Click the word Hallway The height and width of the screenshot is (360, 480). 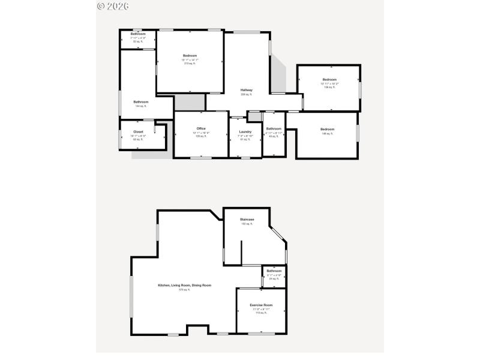tap(247, 90)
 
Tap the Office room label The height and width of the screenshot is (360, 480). tap(201, 128)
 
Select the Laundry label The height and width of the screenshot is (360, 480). tap(245, 131)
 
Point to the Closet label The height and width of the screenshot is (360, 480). tap(138, 131)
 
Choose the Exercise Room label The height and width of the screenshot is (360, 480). tap(261, 305)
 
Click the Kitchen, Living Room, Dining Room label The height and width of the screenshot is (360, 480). tap(184, 285)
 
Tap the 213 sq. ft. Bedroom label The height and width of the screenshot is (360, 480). tap(190, 56)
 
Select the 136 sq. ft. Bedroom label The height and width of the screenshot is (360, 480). tap(329, 80)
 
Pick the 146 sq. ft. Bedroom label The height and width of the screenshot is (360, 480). tap(327, 129)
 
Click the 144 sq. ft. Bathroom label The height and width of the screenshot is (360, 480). tap(141, 101)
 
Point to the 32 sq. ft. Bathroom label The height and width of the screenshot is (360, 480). tap(138, 34)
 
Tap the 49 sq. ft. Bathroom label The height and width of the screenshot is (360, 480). tap(274, 128)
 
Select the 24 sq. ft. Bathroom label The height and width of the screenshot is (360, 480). tap(274, 271)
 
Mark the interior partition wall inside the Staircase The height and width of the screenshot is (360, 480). tap(241, 252)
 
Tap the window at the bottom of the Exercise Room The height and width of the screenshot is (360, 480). tap(261, 333)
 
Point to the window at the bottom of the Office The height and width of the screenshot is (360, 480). tap(201, 158)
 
